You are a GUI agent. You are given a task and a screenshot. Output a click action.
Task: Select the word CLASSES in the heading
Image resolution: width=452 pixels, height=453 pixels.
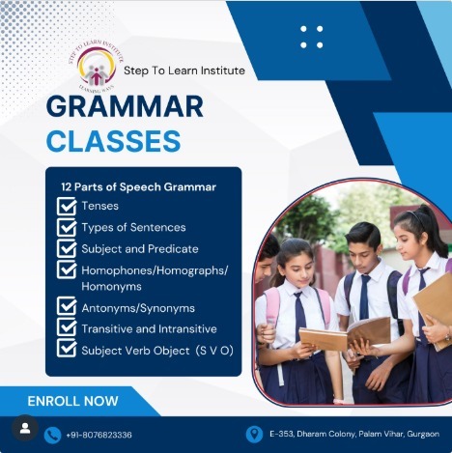(114, 142)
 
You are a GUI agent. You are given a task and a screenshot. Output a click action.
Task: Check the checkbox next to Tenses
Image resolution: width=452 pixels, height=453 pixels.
(67, 206)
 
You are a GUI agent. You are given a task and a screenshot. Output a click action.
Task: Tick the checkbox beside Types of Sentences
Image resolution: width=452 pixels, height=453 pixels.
(67, 228)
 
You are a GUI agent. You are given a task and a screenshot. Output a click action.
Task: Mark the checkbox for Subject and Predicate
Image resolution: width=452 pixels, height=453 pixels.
(67, 249)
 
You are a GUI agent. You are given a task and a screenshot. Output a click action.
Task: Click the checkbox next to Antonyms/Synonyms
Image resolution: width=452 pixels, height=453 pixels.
(67, 307)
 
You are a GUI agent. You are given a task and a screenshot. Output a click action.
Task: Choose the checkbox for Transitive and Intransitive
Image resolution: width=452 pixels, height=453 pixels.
(67, 328)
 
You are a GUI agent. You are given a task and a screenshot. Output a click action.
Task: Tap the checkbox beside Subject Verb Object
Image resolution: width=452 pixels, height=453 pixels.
(67, 350)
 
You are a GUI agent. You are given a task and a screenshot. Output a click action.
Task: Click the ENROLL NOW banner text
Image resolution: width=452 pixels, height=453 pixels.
(73, 400)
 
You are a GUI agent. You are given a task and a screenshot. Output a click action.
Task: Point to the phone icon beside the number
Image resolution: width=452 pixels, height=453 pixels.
(53, 435)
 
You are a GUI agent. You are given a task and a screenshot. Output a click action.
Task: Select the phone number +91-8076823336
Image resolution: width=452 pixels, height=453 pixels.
(100, 435)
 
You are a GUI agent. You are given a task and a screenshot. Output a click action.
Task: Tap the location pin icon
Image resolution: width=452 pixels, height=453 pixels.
(254, 434)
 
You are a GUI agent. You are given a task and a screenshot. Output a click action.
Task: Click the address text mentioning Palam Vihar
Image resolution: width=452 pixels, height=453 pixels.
(355, 434)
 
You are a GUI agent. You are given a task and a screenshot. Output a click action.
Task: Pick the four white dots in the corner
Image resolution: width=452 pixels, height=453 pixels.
(312, 37)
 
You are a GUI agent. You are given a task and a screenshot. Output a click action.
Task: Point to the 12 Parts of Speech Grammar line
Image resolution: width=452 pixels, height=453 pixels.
(139, 186)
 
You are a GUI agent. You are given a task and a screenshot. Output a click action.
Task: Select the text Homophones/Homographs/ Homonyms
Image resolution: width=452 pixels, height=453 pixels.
(155, 278)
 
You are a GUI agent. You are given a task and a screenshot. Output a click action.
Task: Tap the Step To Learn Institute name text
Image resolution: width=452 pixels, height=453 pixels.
(184, 71)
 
